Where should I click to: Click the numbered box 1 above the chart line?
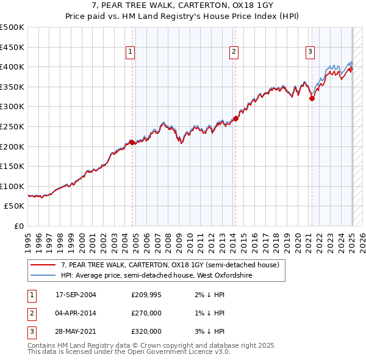[x=131, y=52]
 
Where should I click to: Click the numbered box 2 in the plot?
[x=234, y=52]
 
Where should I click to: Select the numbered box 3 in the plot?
[x=310, y=52]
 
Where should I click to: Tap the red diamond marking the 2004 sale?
[x=132, y=142]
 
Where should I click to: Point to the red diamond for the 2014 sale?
[x=235, y=118]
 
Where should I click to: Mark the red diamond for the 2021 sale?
[x=312, y=98]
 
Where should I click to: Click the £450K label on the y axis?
[x=13, y=47]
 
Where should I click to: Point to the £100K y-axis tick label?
[x=13, y=186]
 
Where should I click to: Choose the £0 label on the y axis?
[x=18, y=226]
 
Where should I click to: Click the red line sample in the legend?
[x=43, y=265]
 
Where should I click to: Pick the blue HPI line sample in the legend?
[x=43, y=275]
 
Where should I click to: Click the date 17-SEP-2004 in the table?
[x=76, y=295]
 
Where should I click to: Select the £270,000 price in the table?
[x=146, y=313]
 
